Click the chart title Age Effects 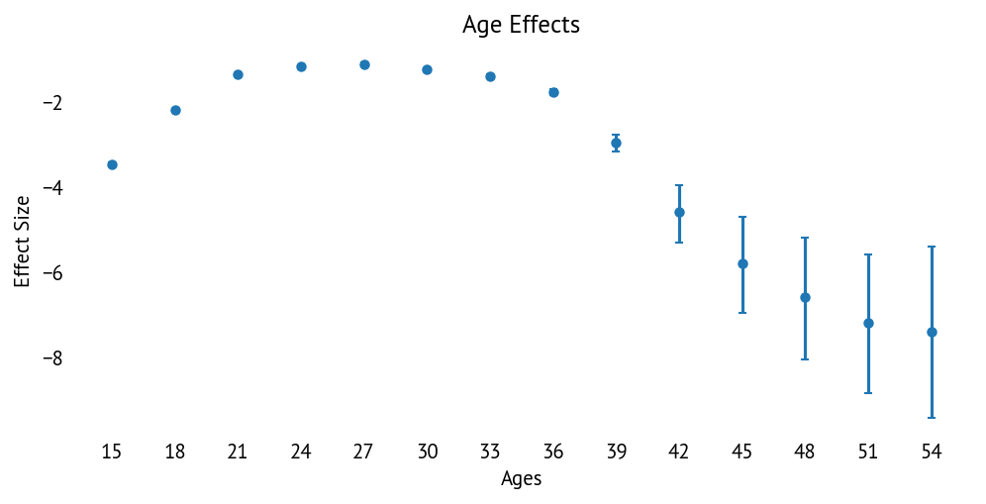coord(521,25)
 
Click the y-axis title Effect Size coord(22,242)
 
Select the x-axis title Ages coord(521,479)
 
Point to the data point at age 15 coord(112,164)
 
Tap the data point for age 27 coord(364,64)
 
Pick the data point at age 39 coord(616,143)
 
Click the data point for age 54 coord(932,332)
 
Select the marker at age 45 coord(742,263)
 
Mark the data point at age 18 coord(175,110)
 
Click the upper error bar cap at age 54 coord(932,247)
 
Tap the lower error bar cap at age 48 coord(805,358)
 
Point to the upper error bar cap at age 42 coord(679,185)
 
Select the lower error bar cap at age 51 coord(868,393)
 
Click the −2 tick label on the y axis coord(52,103)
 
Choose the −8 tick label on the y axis coord(52,358)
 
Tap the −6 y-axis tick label coord(52,273)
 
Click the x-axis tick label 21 coord(238,453)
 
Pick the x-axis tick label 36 coord(553,453)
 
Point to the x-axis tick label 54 coord(932,453)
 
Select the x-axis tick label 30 coord(427,453)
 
